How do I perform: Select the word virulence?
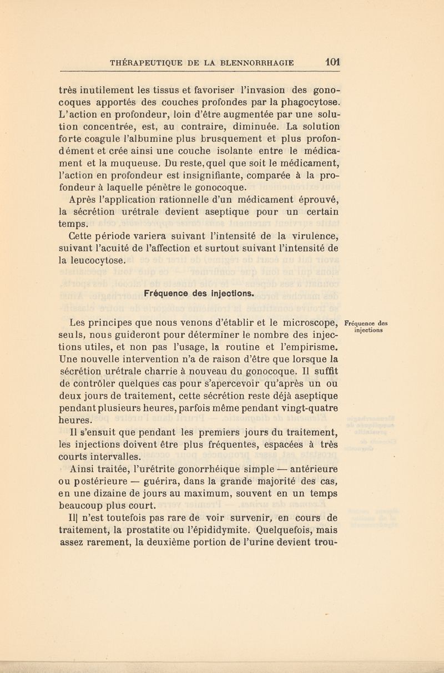pyautogui.click(x=310, y=235)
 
